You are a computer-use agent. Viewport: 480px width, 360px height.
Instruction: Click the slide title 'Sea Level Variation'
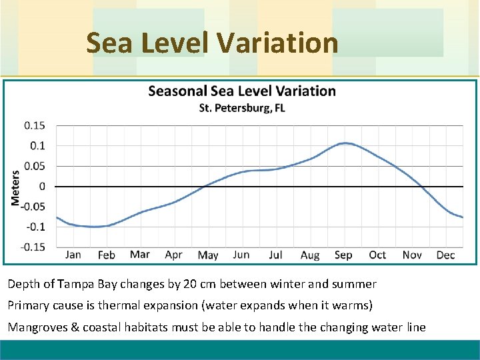(x=212, y=43)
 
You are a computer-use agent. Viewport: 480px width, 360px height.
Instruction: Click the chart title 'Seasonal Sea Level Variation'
(x=241, y=91)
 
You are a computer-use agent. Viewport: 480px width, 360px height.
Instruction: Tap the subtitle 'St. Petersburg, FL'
(x=241, y=108)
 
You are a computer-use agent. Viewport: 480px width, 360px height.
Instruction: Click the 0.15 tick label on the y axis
(x=35, y=125)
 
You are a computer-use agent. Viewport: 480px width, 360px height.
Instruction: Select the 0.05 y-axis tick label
(x=35, y=166)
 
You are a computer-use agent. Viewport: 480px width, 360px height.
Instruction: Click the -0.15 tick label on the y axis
(x=33, y=247)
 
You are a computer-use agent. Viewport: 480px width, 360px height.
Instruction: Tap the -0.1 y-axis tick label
(x=35, y=227)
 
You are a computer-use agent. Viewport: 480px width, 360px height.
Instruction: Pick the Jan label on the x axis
(x=73, y=255)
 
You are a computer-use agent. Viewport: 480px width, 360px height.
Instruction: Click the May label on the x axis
(x=208, y=255)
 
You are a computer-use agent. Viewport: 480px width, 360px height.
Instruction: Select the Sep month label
(x=343, y=255)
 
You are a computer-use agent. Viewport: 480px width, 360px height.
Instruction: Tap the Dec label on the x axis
(x=445, y=255)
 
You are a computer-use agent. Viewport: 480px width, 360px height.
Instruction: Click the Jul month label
(x=275, y=255)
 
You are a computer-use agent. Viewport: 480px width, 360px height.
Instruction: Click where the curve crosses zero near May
(x=205, y=186)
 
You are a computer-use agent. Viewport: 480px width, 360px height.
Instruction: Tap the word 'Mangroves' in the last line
(x=34, y=327)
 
